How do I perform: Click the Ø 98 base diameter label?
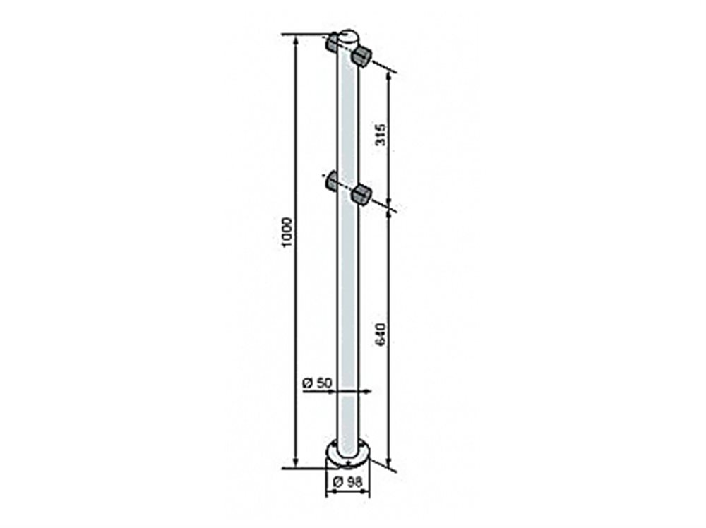[346, 481]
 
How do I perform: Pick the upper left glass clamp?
[333, 44]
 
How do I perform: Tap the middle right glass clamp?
[361, 194]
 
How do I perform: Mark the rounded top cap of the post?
[349, 35]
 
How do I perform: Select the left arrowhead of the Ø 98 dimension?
[328, 493]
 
